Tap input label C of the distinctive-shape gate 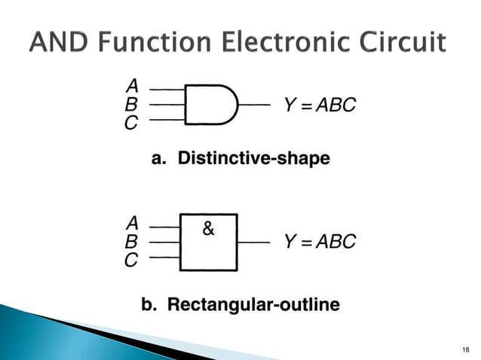pyautogui.click(x=132, y=123)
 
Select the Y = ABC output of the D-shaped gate pyautogui.click(x=319, y=105)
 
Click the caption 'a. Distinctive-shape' pyautogui.click(x=240, y=159)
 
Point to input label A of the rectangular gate pyautogui.click(x=132, y=224)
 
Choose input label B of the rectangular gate pyautogui.click(x=132, y=243)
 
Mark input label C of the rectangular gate pyautogui.click(x=132, y=261)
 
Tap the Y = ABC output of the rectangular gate pyautogui.click(x=319, y=243)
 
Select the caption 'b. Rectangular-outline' pyautogui.click(x=241, y=305)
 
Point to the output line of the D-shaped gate pyautogui.click(x=253, y=105)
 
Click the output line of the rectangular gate pyautogui.click(x=253, y=243)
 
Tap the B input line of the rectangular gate pyautogui.click(x=164, y=243)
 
